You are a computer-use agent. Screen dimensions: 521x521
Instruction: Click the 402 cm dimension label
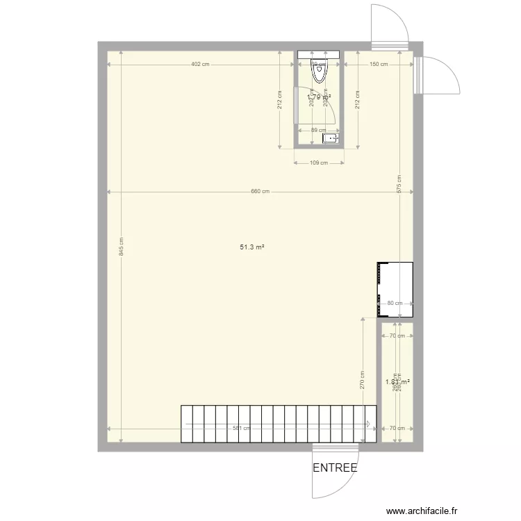200,65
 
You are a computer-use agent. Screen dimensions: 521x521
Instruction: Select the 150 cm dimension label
379,65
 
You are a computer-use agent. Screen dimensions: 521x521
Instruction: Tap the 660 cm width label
260,192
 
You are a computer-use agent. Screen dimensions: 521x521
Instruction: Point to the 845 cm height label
121,250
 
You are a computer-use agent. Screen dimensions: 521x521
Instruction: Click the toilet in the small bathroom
319,72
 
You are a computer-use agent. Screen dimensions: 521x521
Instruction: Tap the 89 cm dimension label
319,130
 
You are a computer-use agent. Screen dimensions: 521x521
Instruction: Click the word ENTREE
335,468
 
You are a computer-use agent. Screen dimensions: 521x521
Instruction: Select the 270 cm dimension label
363,379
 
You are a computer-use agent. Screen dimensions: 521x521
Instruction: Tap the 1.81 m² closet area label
397,381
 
